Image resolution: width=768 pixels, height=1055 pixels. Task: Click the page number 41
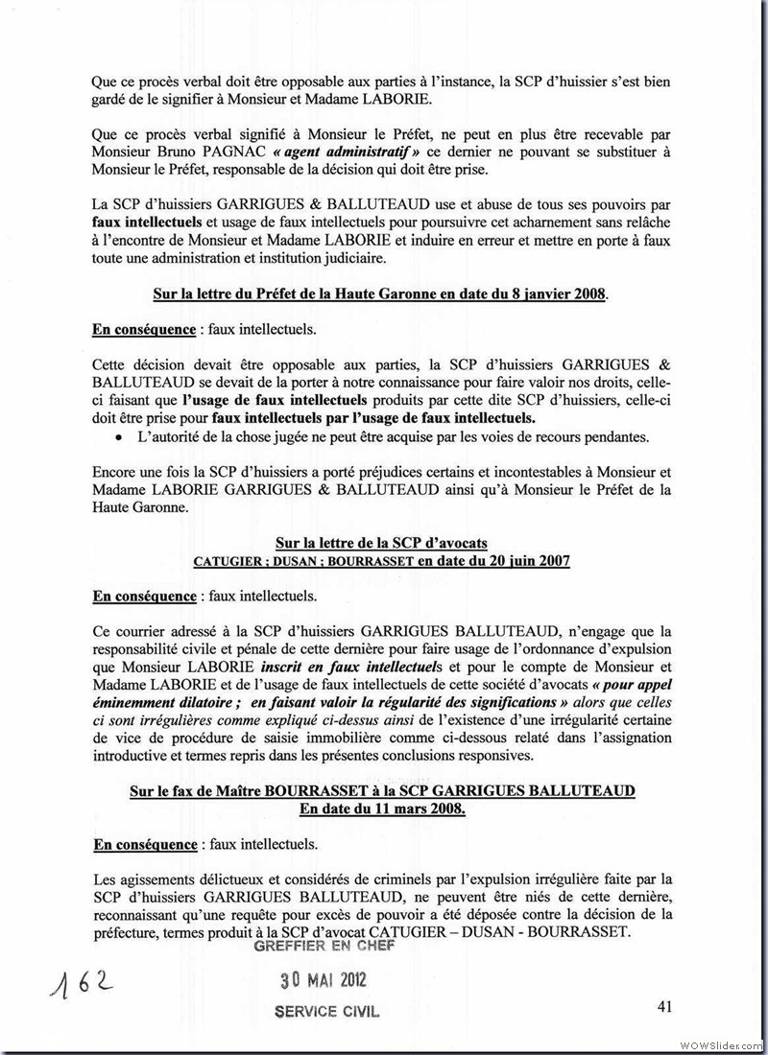click(664, 1006)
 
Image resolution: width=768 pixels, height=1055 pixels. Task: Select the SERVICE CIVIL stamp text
click(326, 1011)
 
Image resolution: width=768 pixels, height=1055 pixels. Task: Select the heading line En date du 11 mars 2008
click(381, 809)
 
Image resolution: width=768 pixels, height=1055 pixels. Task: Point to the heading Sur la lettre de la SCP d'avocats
click(381, 543)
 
